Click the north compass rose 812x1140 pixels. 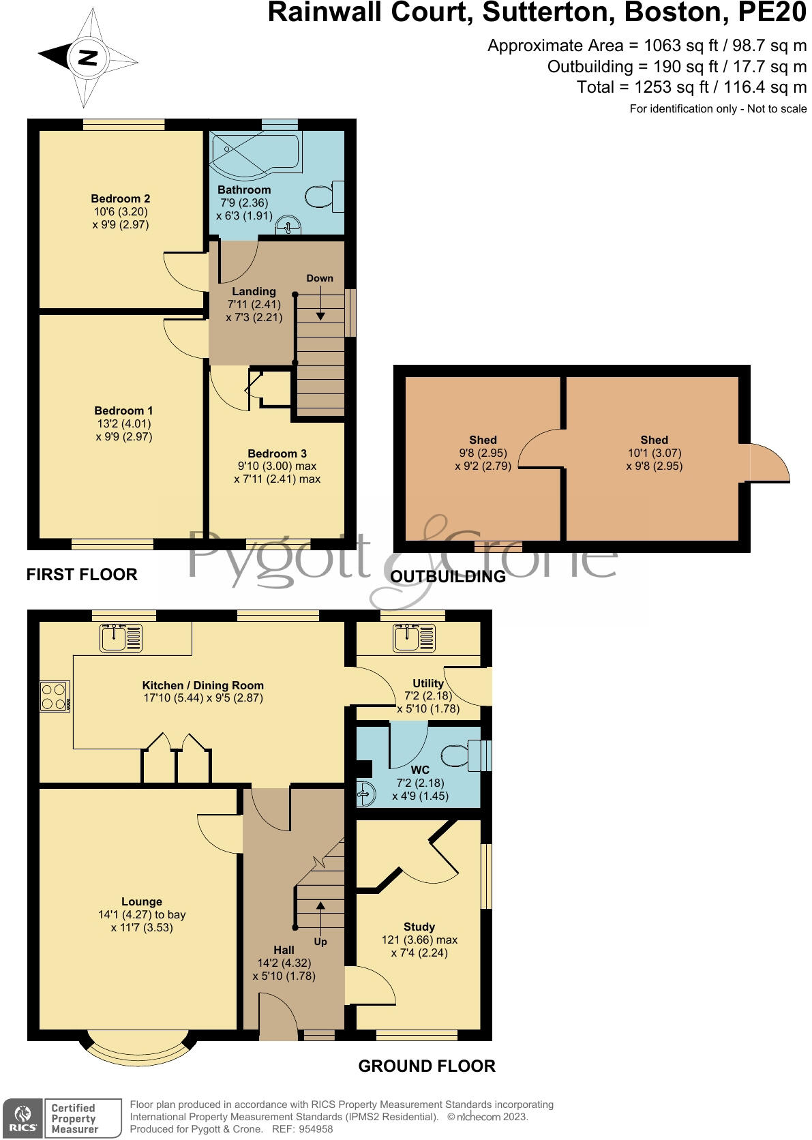point(87,58)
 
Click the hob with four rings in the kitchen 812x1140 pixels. point(54,696)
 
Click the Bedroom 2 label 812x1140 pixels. point(121,198)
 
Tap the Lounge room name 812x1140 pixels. point(142,901)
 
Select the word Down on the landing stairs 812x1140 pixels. point(320,278)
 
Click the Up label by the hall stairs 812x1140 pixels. point(320,942)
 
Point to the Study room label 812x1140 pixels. point(419,927)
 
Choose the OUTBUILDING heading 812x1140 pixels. point(448,577)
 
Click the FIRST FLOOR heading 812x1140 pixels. point(82,575)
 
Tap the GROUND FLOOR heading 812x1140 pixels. point(427,1066)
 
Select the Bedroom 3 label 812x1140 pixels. point(277,453)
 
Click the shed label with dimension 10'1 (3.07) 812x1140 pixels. point(654,440)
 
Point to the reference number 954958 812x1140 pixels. point(313,1129)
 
